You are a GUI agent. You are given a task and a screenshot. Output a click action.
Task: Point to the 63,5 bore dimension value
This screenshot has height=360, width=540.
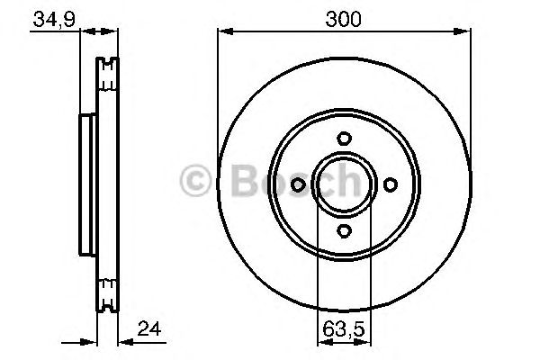click(343, 330)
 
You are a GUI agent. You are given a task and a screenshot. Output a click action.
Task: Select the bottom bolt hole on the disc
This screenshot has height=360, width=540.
click(343, 231)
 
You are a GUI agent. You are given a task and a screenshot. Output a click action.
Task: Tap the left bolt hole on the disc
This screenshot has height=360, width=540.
click(297, 184)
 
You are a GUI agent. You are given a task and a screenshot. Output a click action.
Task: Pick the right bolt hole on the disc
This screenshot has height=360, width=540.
click(390, 184)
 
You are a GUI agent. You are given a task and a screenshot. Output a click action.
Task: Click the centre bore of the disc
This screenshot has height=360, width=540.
click(343, 184)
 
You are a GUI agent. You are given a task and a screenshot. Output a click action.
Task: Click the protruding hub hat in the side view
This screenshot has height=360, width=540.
click(87, 184)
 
